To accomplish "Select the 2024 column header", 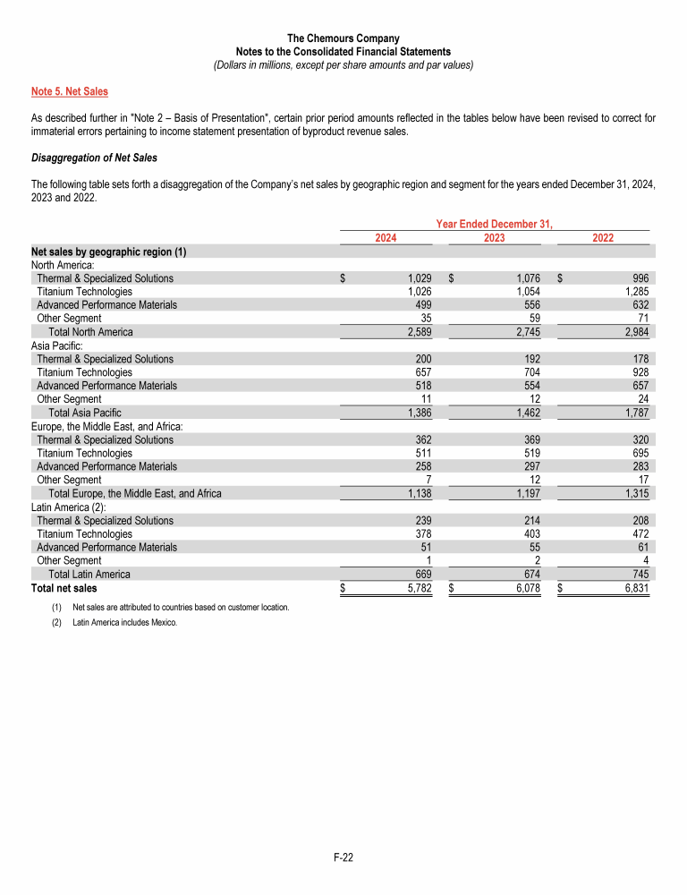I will coord(386,237).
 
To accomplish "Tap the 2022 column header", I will coord(604,237).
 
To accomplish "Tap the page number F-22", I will coord(343,857).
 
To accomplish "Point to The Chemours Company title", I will coord(343,38).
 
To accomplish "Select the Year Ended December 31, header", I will coord(495,224).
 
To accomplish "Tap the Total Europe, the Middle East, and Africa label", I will coord(134,494).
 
